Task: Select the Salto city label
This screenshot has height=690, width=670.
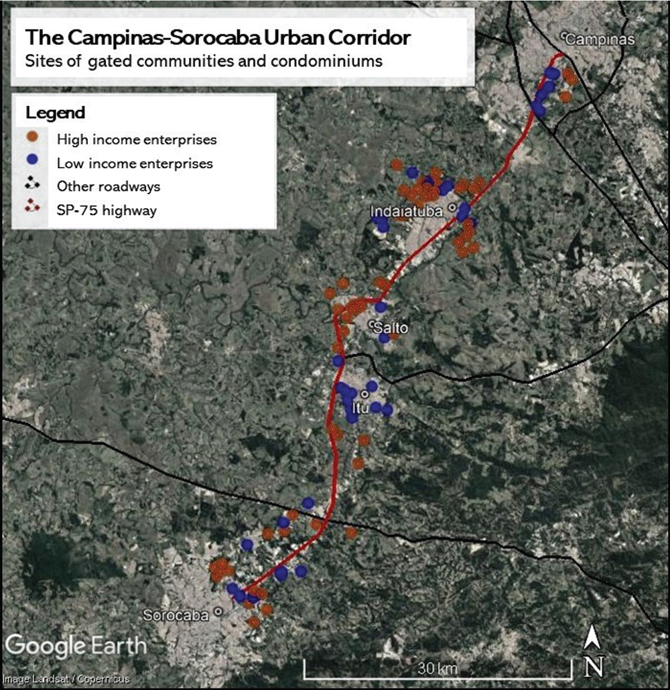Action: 391,328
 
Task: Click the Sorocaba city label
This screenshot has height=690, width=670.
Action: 178,615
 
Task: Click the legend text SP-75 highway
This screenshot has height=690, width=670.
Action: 107,210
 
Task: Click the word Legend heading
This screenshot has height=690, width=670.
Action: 55,112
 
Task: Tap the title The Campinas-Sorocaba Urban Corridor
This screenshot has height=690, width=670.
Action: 217,38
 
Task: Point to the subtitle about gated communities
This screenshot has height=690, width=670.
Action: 204,61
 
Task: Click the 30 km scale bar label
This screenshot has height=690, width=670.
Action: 438,669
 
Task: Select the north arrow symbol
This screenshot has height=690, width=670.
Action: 592,650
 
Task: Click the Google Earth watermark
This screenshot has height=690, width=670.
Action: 75,646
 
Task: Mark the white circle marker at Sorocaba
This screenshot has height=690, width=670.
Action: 218,612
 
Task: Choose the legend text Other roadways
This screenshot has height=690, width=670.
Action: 108,186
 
